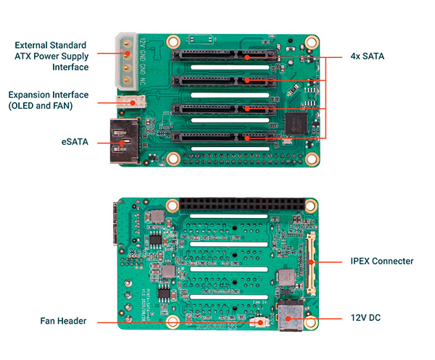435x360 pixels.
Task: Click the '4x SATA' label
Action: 367,56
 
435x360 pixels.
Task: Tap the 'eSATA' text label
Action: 75,142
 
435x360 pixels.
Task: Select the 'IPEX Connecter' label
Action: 382,261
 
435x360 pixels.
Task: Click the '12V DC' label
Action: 365,317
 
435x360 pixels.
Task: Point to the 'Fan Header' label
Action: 63,321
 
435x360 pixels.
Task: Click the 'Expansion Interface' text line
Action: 49,95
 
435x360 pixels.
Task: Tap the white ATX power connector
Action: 126,62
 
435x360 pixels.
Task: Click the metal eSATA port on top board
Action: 124,141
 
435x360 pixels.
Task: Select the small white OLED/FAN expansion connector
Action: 131,101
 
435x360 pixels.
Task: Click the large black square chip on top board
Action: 297,123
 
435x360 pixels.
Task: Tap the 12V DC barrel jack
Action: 290,317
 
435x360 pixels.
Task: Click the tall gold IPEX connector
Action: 311,264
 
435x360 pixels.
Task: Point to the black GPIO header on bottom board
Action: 242,204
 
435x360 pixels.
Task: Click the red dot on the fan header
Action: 260,322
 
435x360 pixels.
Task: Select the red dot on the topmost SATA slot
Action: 247,57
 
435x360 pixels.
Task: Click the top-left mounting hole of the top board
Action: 173,42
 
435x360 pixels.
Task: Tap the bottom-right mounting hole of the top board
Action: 312,159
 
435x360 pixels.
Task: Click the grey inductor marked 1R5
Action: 286,277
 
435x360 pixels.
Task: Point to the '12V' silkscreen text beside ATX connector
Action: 142,43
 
